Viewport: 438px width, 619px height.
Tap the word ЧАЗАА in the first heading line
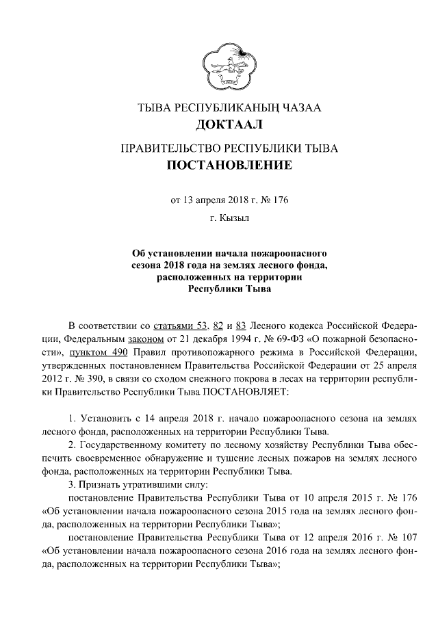coord(295,108)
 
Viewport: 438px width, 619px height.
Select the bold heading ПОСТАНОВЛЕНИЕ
coord(219,165)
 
